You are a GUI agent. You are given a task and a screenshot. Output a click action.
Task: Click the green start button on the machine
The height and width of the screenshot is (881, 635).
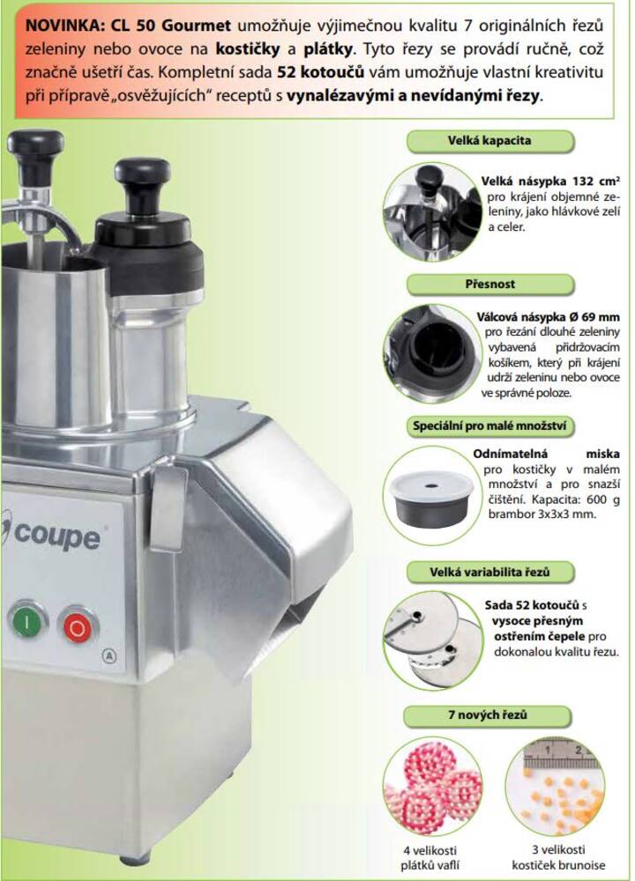(26, 621)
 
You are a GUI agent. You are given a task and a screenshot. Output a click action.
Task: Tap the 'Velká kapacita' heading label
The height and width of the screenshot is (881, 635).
(489, 140)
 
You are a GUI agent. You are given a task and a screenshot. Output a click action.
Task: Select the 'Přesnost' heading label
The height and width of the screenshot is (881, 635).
(489, 285)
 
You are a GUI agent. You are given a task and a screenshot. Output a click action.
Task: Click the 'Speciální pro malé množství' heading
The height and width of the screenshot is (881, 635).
(489, 426)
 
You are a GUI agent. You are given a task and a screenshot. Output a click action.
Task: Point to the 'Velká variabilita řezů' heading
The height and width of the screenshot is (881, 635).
(489, 572)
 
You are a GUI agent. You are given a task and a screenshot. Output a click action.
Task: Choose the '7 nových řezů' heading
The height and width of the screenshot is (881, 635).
(488, 715)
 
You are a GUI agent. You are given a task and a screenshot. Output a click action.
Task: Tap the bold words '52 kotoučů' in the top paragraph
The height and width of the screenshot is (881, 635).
(321, 72)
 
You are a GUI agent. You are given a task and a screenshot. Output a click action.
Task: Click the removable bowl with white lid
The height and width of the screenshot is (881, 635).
(432, 498)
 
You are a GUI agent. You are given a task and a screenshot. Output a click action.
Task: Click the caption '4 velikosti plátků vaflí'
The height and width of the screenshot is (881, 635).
(430, 858)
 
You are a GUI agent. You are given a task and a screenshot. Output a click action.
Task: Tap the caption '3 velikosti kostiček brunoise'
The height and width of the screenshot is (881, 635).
(558, 857)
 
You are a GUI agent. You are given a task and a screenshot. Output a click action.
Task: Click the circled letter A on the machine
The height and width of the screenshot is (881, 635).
(109, 655)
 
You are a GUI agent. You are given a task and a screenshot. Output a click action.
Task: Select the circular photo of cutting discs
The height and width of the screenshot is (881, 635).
(433, 640)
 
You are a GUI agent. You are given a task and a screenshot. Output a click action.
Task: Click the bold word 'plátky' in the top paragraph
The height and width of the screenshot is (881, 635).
(328, 48)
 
